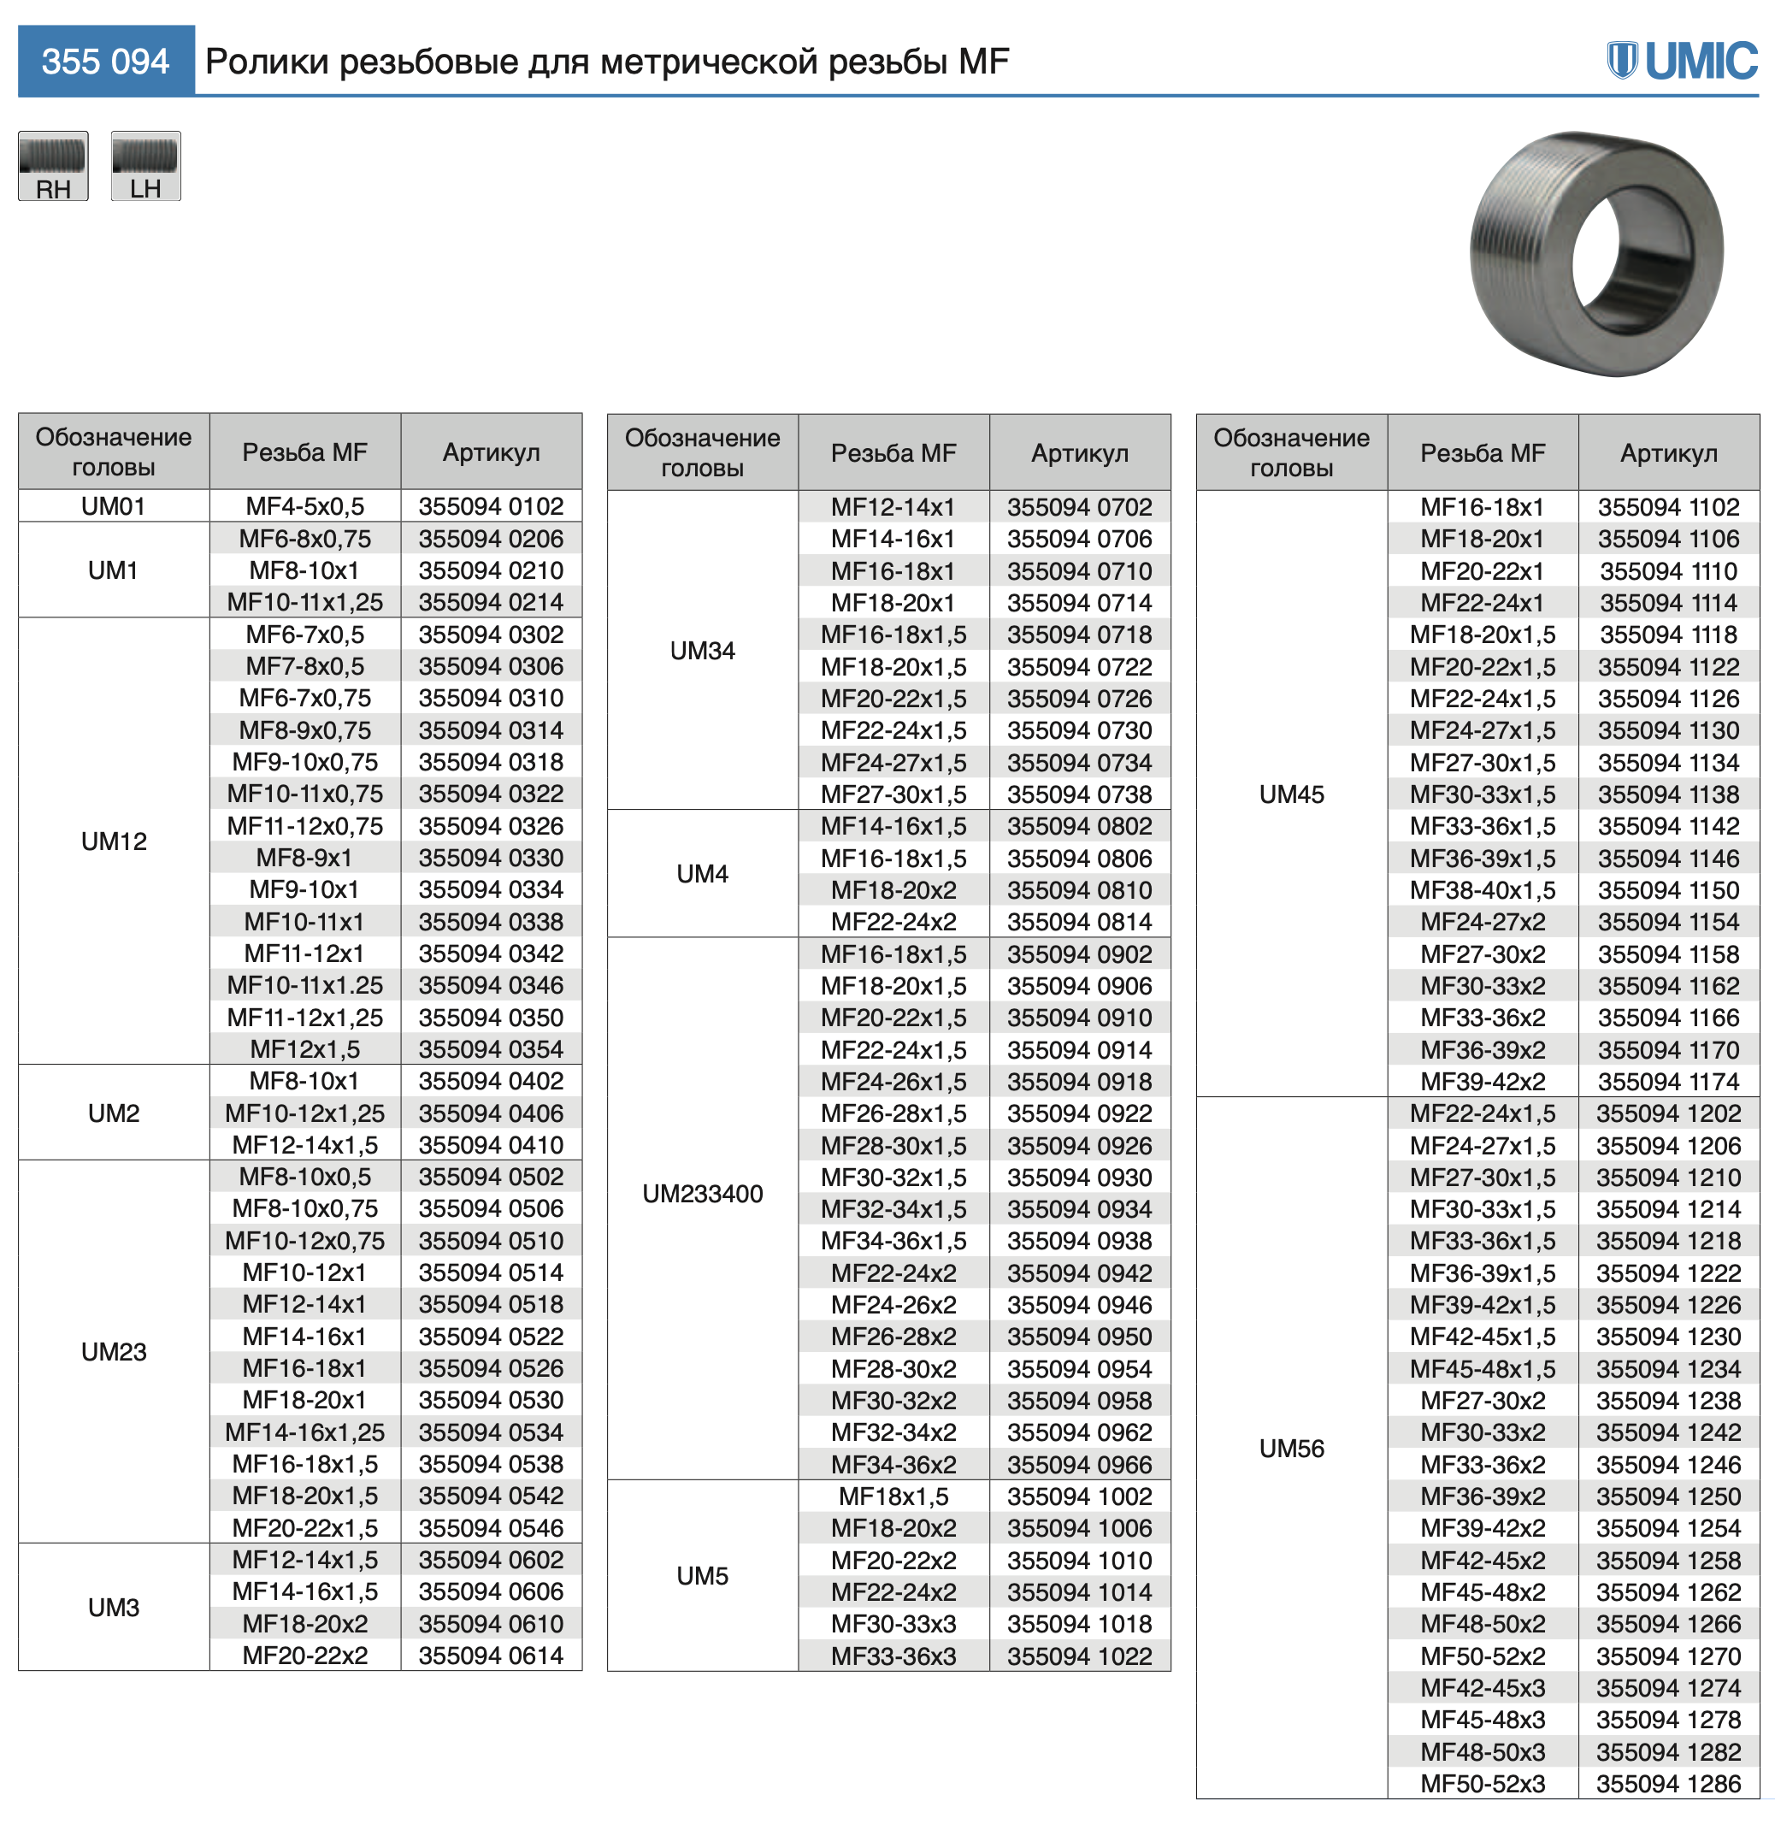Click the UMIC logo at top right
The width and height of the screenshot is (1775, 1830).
[1682, 61]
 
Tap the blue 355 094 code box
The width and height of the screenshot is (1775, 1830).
[105, 62]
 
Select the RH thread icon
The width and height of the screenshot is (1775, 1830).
[53, 166]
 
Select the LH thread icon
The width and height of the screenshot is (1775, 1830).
[145, 166]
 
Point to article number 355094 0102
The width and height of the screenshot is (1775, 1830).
[490, 506]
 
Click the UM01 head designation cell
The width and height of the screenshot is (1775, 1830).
[113, 506]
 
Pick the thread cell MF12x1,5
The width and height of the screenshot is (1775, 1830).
[304, 1049]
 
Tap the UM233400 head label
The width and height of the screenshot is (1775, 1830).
[702, 1193]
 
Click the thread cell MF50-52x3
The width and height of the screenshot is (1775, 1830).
[1482, 1783]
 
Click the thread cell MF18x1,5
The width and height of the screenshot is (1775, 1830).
[893, 1496]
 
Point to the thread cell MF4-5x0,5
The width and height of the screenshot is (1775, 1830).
[304, 506]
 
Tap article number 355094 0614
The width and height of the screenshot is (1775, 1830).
[490, 1656]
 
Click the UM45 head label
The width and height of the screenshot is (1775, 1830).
[1291, 794]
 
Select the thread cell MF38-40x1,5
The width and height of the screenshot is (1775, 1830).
[1482, 890]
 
